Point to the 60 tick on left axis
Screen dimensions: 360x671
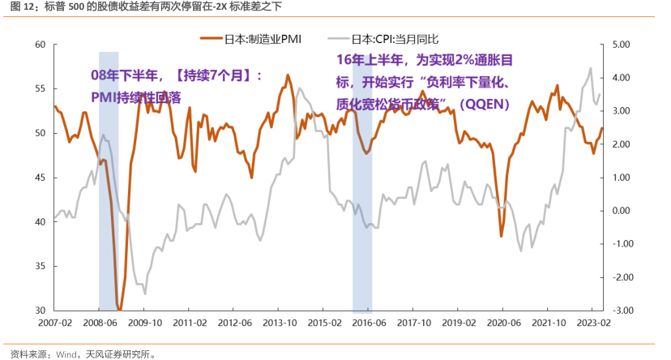point(39,45)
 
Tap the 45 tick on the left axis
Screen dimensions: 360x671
point(39,178)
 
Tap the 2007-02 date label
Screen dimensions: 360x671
point(54,323)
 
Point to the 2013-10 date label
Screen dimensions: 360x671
point(279,323)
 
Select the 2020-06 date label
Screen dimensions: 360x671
point(502,323)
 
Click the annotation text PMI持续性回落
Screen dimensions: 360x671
point(136,96)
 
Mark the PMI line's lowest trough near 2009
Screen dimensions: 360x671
point(119,309)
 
